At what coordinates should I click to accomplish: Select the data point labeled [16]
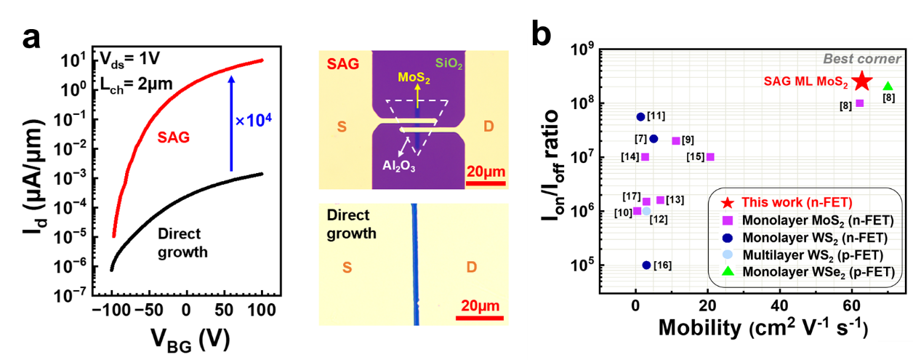pos(646,265)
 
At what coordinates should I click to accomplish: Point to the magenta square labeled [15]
pos(710,156)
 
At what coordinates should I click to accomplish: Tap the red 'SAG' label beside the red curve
pos(176,136)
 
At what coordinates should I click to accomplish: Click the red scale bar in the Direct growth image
pos(481,315)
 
